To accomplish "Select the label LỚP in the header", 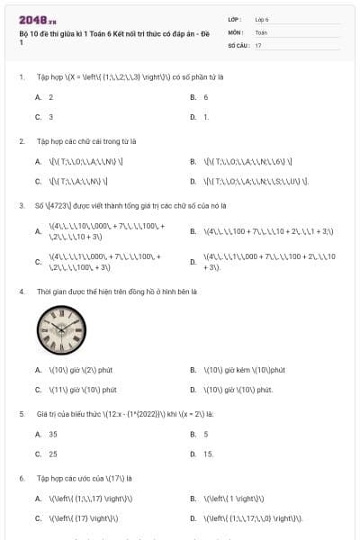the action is (235, 19).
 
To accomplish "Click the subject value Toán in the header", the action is (261, 31).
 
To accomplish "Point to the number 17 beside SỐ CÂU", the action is (258, 44).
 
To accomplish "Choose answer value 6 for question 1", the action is (206, 96).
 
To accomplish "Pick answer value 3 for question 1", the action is (50, 117).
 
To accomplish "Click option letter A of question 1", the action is (38, 96).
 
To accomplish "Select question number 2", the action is (21, 141).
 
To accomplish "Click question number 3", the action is (21, 205).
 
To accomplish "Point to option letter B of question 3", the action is (193, 231).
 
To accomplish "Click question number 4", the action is (21, 292).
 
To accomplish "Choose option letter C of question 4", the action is (38, 390).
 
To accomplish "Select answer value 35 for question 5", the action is (52, 434).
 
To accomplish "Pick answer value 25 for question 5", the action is (52, 454).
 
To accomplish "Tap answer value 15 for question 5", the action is (208, 454).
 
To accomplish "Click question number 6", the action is (21, 478).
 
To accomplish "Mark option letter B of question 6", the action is (193, 499).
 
